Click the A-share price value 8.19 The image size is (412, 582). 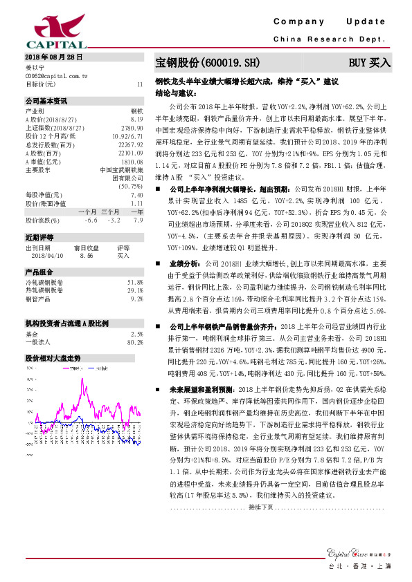[136, 119]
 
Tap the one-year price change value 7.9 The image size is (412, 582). [138, 220]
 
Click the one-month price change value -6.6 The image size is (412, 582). [91, 220]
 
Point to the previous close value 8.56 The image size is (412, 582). [87, 255]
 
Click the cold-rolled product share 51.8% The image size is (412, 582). [135, 282]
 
